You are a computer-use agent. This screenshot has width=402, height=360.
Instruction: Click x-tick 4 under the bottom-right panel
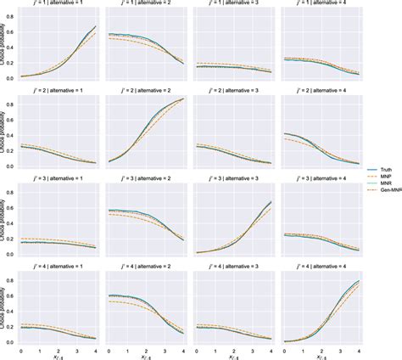[360, 348]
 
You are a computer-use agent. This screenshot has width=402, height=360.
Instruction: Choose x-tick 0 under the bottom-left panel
[21, 348]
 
